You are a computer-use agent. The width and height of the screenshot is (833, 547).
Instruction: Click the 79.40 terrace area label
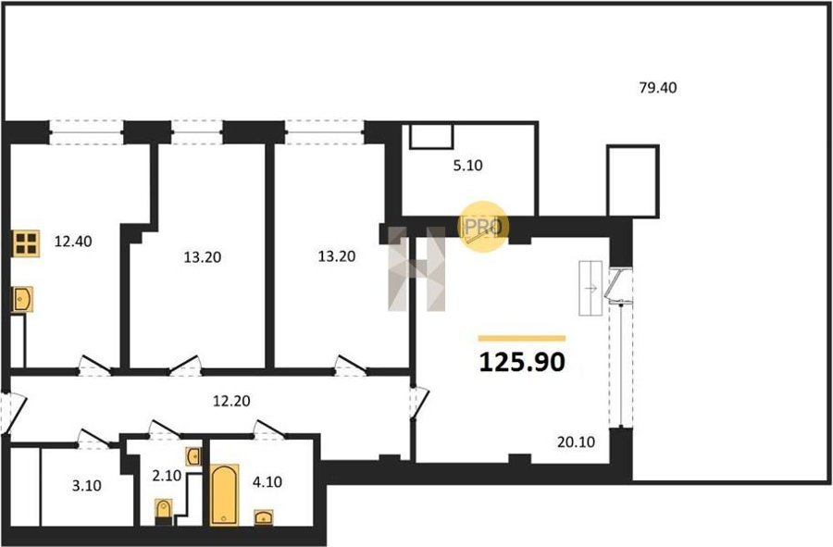click(x=658, y=88)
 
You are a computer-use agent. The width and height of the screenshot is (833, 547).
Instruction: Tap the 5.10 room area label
click(x=467, y=166)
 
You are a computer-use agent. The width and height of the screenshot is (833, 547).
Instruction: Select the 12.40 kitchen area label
click(x=73, y=242)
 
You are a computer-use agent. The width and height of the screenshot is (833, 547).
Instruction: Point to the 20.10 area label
click(x=576, y=441)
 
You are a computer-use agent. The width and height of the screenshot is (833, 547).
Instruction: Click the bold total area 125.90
click(x=522, y=362)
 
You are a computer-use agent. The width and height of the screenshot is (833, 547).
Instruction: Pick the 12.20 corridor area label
click(x=231, y=401)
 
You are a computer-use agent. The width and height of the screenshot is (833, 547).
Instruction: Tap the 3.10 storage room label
click(x=87, y=486)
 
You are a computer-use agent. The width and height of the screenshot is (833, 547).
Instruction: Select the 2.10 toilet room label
click(x=167, y=476)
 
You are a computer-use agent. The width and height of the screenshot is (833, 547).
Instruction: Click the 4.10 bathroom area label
click(x=267, y=482)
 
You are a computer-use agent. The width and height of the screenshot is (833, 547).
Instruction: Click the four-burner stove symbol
click(x=26, y=243)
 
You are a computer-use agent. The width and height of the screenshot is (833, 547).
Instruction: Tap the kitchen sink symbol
click(x=23, y=299)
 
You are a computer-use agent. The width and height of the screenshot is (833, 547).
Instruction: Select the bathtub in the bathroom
click(x=224, y=495)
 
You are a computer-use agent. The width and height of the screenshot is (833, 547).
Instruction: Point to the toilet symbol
click(x=164, y=510)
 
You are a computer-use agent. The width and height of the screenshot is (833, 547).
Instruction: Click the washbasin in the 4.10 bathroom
click(x=264, y=516)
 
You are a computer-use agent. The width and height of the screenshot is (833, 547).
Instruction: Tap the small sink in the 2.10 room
click(x=193, y=456)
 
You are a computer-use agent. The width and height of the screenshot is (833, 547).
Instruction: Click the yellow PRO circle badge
click(x=483, y=227)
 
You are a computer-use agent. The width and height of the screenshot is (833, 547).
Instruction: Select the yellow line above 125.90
click(x=522, y=338)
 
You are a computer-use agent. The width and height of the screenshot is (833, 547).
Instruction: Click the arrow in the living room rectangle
click(x=591, y=289)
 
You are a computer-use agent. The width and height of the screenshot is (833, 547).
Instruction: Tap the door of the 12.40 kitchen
click(x=94, y=365)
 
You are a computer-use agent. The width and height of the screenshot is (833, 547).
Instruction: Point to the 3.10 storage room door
click(x=93, y=438)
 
